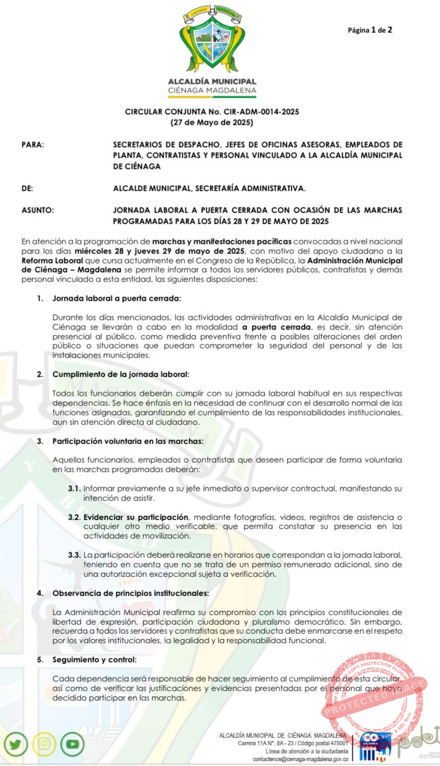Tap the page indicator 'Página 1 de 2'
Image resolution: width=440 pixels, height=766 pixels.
click(370, 30)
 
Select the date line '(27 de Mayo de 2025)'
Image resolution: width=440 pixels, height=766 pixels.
click(211, 123)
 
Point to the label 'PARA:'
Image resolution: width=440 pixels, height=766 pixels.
click(33, 144)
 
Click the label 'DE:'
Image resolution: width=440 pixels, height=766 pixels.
click(28, 188)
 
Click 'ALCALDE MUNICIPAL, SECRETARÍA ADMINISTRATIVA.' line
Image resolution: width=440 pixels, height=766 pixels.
click(209, 188)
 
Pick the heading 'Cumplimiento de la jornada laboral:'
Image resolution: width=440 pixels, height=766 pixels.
click(121, 374)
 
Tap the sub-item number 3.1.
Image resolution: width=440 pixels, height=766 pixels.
click(74, 488)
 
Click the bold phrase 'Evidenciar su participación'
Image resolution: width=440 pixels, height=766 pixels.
click(136, 517)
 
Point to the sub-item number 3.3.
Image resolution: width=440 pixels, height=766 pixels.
click(74, 555)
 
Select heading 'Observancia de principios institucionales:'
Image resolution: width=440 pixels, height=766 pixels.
click(130, 593)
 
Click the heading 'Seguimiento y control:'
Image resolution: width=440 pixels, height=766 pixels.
click(94, 660)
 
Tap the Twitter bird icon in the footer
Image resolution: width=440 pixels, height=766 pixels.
click(15, 745)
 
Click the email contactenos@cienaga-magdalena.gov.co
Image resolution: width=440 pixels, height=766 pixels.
click(300, 760)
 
